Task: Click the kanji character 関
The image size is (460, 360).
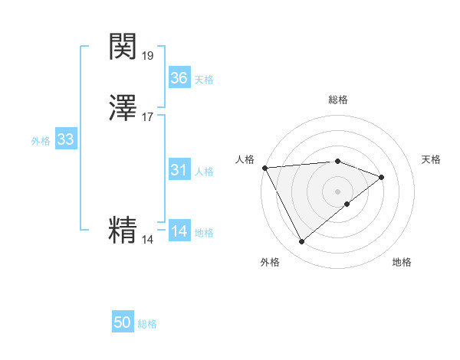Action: point(123,47)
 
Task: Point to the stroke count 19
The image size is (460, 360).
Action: point(148,56)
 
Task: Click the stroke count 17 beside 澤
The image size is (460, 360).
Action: point(148,117)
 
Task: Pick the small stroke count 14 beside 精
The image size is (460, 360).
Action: point(148,240)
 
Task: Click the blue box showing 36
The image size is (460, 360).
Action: point(179,78)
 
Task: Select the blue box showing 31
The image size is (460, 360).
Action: point(179,170)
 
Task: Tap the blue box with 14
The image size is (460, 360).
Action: point(179,231)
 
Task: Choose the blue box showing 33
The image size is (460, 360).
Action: point(65,139)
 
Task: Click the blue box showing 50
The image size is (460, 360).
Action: point(123,323)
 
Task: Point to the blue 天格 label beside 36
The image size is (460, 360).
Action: point(204,80)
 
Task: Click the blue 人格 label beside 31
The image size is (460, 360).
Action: point(204,172)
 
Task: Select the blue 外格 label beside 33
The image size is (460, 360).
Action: point(41,141)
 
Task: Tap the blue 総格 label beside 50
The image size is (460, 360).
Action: point(147,325)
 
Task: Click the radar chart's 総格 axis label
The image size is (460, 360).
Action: point(338,100)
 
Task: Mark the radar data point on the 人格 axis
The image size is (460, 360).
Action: point(264,167)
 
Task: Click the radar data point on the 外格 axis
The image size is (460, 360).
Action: point(301,242)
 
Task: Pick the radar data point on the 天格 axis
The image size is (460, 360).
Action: point(382,177)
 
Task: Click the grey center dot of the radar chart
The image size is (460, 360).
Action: point(337,190)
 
